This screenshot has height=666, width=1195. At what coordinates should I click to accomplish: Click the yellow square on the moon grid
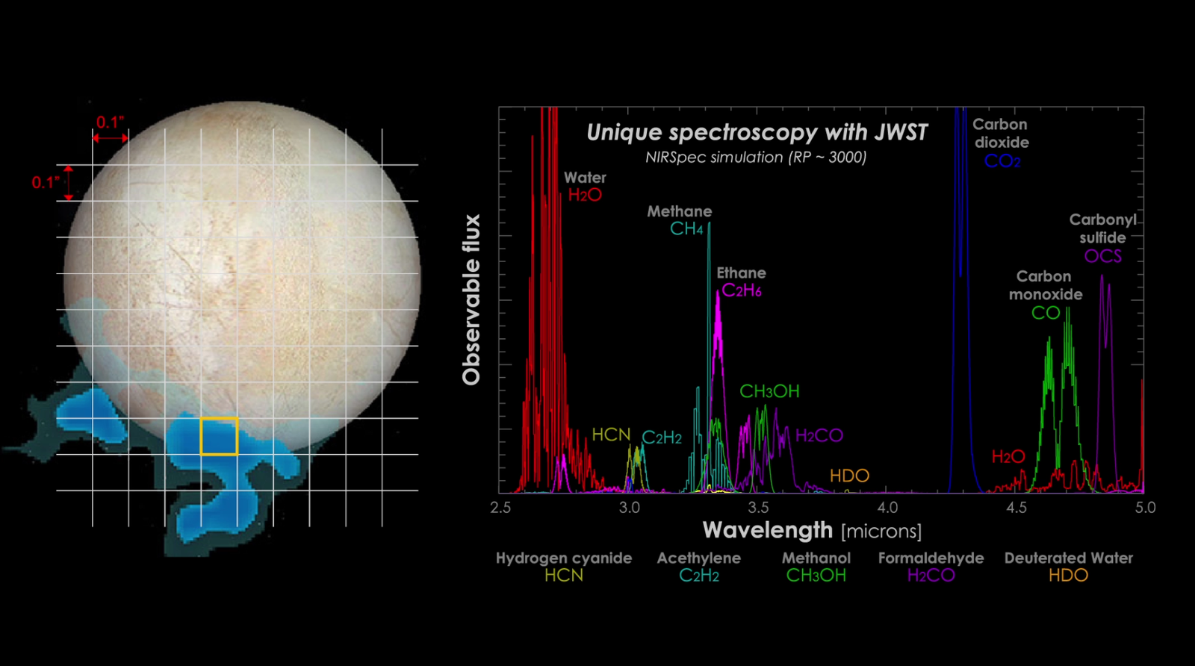click(219, 436)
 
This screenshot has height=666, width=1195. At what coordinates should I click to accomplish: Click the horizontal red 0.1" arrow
click(110, 138)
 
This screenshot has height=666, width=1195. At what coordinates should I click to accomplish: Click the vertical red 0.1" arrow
click(68, 183)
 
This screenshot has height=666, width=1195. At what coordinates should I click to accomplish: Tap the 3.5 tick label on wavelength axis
click(758, 508)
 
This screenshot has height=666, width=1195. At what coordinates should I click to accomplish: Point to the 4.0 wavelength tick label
click(887, 508)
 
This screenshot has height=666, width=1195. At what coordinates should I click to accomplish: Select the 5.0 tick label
click(1145, 508)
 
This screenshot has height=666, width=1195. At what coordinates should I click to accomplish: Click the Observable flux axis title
click(471, 299)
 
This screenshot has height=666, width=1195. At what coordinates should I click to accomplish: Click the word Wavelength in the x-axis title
click(767, 530)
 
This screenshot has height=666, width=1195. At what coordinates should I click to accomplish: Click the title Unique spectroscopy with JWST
click(756, 132)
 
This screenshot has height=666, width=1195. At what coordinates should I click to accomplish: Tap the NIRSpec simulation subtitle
click(756, 158)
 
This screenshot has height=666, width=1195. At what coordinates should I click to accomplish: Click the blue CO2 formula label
click(1002, 161)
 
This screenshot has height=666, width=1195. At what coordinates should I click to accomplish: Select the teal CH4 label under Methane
click(686, 229)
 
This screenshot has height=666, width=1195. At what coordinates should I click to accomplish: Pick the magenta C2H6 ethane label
click(742, 291)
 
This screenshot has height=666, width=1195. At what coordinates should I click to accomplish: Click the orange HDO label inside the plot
click(849, 476)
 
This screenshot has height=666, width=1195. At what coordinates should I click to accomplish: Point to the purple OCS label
click(1103, 256)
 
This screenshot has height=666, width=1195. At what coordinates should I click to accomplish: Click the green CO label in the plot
click(1046, 313)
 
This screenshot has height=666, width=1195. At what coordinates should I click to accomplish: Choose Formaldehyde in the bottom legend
click(931, 558)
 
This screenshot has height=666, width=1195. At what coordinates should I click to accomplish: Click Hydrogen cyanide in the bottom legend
click(563, 558)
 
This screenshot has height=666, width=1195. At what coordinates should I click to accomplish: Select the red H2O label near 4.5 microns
click(1008, 457)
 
